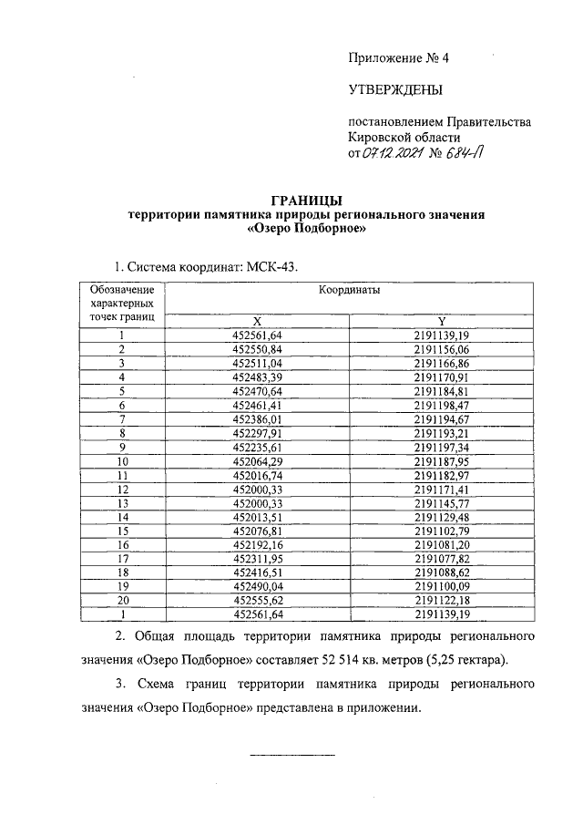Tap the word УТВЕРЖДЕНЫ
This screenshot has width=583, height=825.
(x=394, y=89)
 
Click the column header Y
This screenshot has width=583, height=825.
(x=441, y=321)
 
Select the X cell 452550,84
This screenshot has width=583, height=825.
(x=257, y=349)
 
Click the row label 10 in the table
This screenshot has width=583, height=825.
(x=121, y=461)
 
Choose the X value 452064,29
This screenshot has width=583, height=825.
(x=257, y=461)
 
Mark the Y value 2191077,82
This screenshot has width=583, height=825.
(x=441, y=559)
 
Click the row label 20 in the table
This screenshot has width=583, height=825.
(x=121, y=601)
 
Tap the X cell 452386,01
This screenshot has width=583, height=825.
(x=257, y=418)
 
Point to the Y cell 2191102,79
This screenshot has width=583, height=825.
(x=441, y=531)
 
